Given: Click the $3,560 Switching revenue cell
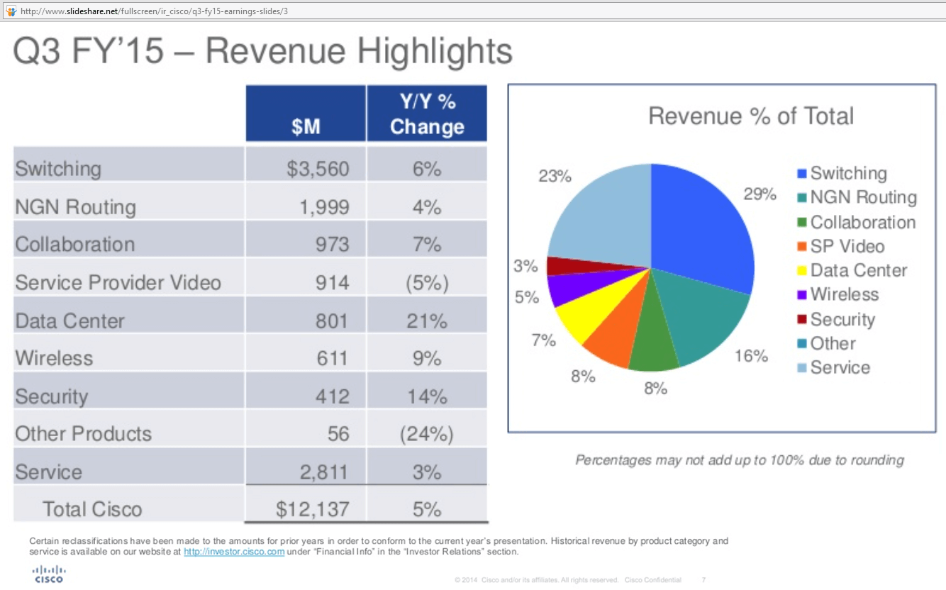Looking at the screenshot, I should click(x=318, y=169).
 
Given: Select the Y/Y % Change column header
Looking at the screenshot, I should click(x=427, y=114).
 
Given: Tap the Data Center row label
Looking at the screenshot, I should click(x=70, y=321).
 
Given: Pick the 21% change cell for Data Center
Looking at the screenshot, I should click(x=427, y=321).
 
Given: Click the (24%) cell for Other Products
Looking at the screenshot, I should click(x=427, y=434).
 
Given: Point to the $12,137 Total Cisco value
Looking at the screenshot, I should click(x=313, y=509).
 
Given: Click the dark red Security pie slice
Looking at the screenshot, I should click(x=564, y=265).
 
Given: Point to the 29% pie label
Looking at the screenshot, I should click(x=759, y=194).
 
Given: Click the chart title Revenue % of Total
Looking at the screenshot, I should click(x=751, y=116).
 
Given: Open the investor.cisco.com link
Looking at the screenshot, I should click(x=234, y=552).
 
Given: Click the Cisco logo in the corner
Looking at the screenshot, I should click(x=49, y=573).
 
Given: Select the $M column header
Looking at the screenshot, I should click(x=306, y=127).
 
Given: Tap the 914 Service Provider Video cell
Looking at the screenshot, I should click(x=332, y=282).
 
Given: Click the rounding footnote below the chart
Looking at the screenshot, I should click(x=739, y=460).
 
